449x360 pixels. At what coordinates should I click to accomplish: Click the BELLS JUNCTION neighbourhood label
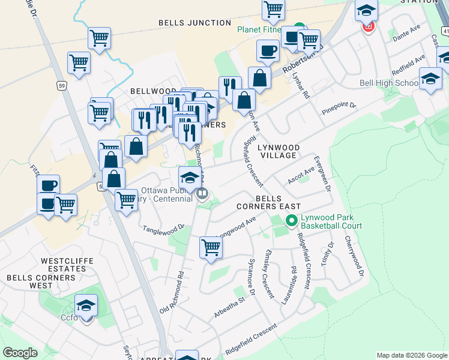[x=194, y=23]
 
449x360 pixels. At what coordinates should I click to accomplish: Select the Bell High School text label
[x=389, y=83]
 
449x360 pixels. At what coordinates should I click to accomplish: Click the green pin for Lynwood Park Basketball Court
[x=292, y=221]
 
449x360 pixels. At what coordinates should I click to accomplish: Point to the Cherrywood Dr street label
[x=355, y=256]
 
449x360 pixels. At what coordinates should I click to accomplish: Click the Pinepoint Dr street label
[x=339, y=108]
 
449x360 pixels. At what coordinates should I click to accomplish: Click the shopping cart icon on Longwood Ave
[x=211, y=247]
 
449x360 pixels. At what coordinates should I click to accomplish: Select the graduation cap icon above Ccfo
[x=86, y=305]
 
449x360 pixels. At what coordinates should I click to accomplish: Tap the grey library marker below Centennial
[x=202, y=193]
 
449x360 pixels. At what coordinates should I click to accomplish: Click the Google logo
[x=20, y=353]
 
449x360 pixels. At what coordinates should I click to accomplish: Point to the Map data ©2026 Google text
[x=412, y=355]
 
